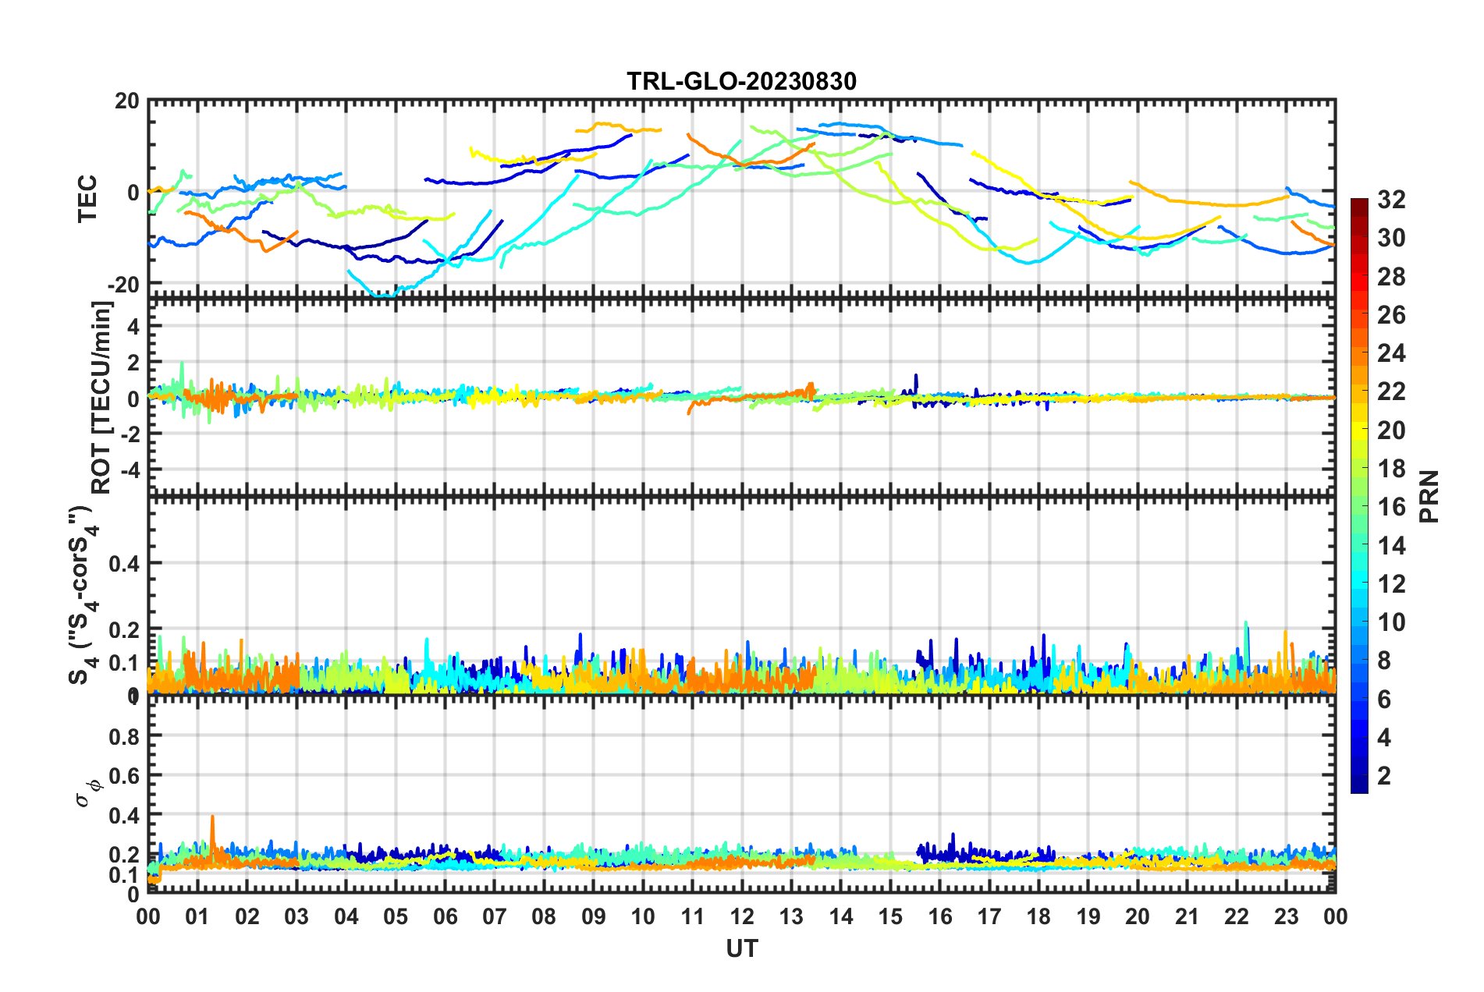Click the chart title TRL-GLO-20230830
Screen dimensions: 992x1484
(x=741, y=81)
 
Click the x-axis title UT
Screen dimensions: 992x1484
(x=741, y=948)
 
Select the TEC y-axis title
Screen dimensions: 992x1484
(x=87, y=198)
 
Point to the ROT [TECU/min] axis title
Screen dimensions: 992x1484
(x=101, y=398)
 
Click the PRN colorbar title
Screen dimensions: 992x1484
(x=1429, y=496)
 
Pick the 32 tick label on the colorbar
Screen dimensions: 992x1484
(x=1391, y=200)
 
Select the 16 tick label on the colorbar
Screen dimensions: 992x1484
(x=1391, y=507)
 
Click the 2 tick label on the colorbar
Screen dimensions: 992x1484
(x=1385, y=775)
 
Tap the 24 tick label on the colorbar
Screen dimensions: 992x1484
(x=1391, y=353)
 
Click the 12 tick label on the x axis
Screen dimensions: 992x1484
(x=742, y=916)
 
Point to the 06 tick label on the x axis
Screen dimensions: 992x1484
(x=445, y=916)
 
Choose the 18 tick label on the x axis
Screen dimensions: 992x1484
(x=1038, y=916)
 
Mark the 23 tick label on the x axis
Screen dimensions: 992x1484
(x=1286, y=916)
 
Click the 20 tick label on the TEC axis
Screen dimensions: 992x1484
(x=127, y=101)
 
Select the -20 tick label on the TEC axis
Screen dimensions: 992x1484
(x=123, y=285)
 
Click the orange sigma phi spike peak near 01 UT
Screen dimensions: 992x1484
(x=212, y=817)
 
